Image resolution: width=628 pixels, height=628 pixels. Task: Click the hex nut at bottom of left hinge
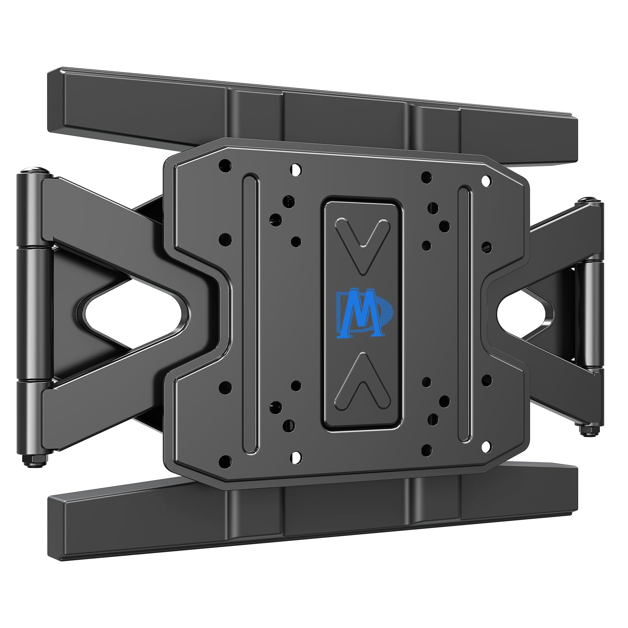point(36,461)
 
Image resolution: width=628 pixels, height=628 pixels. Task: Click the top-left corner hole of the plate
point(225,164)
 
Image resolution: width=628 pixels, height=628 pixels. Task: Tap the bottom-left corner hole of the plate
point(225,460)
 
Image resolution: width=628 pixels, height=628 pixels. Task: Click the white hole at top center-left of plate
point(296,170)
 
